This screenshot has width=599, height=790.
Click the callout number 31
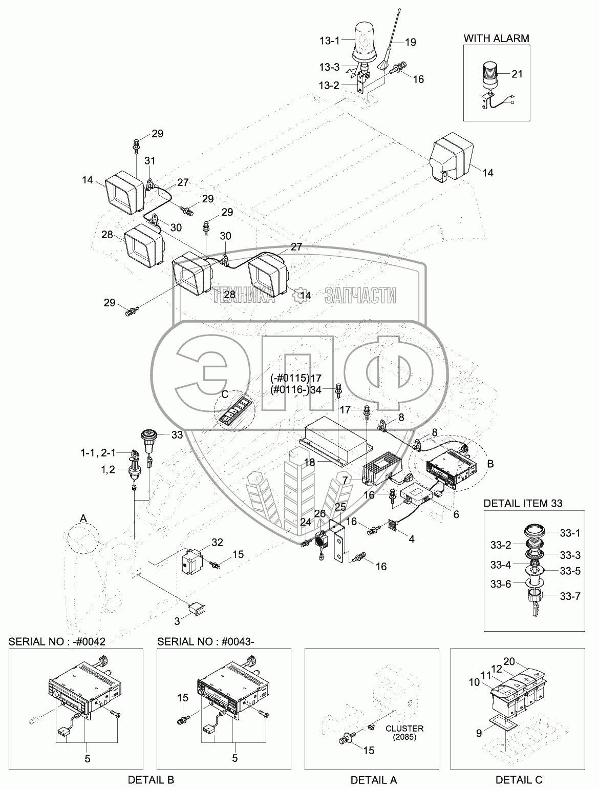[x=149, y=160]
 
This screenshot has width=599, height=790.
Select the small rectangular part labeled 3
[x=197, y=608]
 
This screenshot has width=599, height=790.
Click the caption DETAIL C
[x=519, y=780]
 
